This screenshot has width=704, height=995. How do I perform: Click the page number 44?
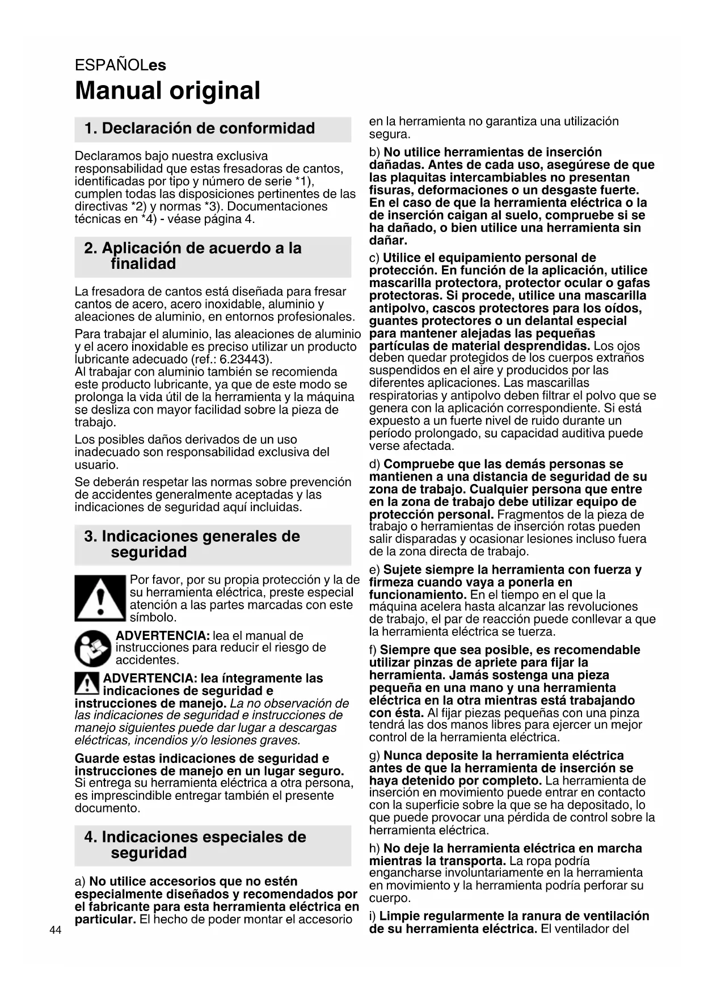[56, 930]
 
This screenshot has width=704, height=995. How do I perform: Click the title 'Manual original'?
[167, 91]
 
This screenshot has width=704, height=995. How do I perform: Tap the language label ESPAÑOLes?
[120, 65]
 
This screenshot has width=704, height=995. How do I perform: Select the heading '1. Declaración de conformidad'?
[199, 128]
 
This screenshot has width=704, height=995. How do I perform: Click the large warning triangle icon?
[100, 598]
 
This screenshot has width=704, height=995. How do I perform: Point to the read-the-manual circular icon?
[93, 648]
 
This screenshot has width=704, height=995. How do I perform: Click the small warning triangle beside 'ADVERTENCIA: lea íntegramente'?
[87, 684]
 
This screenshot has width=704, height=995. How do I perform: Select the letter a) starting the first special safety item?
[81, 882]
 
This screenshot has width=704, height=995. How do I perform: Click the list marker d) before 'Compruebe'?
[374, 465]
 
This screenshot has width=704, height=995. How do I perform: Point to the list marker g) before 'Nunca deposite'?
[374, 756]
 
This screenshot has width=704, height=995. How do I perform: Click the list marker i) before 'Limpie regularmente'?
[373, 916]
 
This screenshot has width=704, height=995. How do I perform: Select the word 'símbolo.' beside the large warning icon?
[153, 617]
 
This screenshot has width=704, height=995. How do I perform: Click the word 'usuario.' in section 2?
[96, 465]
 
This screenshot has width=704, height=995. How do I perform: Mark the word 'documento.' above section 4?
[107, 808]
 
